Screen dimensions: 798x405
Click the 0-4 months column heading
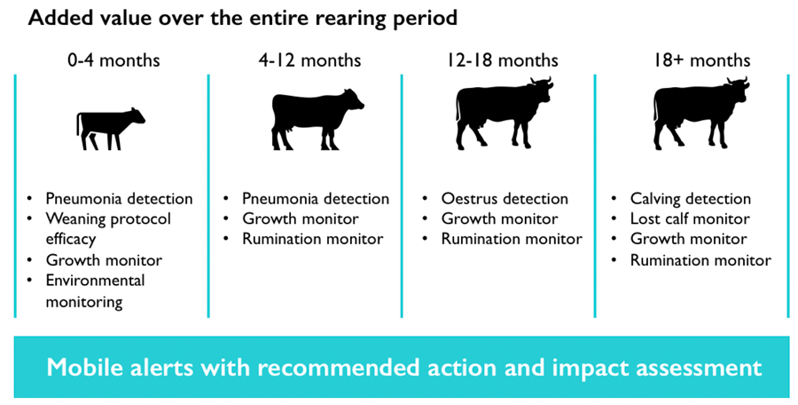[x=113, y=60]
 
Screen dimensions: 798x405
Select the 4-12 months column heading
[x=309, y=60]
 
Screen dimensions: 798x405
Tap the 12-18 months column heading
[x=503, y=60]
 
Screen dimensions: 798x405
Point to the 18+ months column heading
[x=702, y=60]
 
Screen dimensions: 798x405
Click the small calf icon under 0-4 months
[x=111, y=129]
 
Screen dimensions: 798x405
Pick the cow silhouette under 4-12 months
[x=317, y=119]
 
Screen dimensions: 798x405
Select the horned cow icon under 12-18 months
[x=504, y=113]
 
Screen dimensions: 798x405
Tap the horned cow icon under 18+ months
[x=700, y=113]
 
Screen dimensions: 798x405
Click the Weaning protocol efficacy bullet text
[x=108, y=228]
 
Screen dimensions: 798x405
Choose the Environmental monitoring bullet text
[x=95, y=290]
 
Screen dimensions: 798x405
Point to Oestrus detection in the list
[x=505, y=198]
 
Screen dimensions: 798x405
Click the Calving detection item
[x=691, y=198]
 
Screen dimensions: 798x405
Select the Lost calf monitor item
[x=690, y=218]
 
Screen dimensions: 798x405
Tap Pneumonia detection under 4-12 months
[x=316, y=198]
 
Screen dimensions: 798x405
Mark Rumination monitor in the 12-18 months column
[x=512, y=239]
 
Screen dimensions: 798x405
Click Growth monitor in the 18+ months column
[x=689, y=239]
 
